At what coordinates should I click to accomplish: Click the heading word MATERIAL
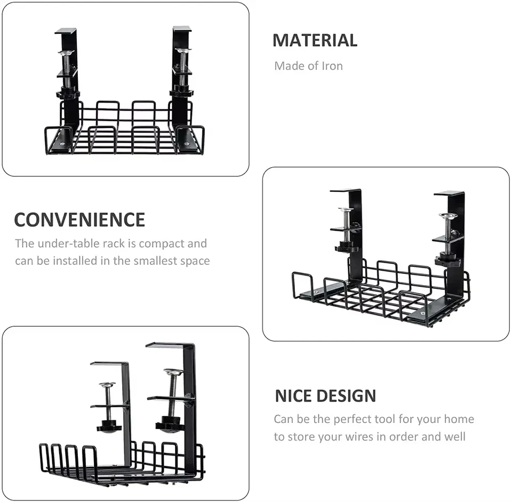pos(315,41)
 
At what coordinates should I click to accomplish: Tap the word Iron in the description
pos(332,66)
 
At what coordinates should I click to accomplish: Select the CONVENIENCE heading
pos(79,220)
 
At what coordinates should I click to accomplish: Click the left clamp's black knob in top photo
pos(68,94)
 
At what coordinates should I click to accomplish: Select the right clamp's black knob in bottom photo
pos(170,426)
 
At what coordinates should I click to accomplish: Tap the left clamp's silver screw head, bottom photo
pos(107,385)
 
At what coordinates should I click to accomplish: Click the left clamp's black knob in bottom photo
pos(109,427)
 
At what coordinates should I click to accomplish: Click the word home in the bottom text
pos(459,419)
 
